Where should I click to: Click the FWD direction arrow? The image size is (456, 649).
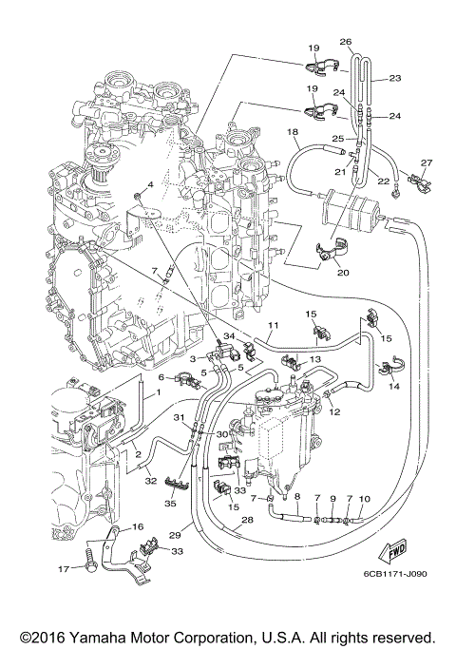coord(395,551)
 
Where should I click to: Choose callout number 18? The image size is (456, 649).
coord(293,132)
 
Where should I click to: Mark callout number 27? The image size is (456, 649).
coord(426,162)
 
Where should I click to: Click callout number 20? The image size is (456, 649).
coord(343,272)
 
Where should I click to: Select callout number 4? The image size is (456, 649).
coord(150,182)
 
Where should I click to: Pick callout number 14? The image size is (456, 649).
coord(393,389)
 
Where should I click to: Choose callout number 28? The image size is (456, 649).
coord(247,521)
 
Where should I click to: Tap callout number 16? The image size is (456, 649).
coord(138,526)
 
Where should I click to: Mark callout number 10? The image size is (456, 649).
coord(365,499)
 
